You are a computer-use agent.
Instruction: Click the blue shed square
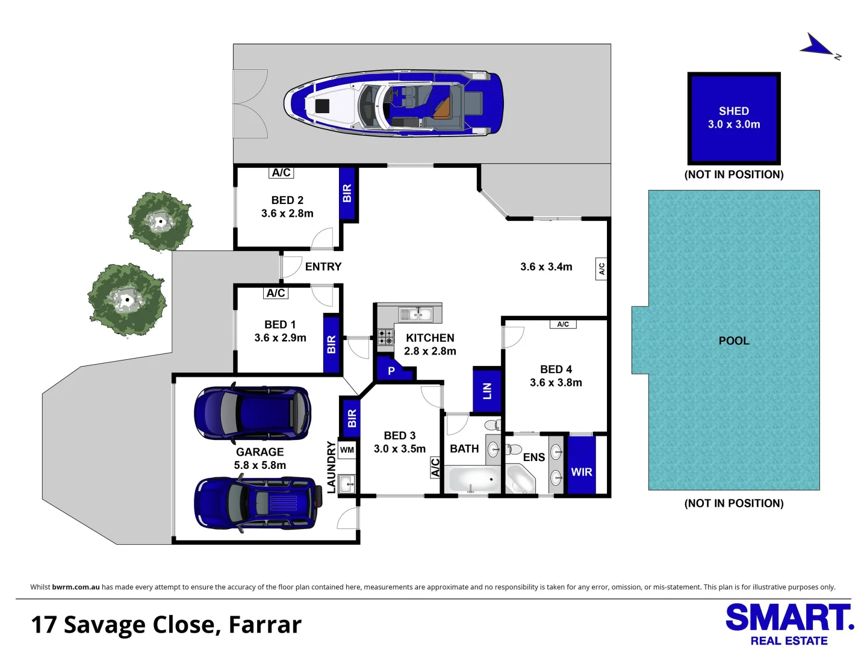point(734,118)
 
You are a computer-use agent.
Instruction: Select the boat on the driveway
point(394,104)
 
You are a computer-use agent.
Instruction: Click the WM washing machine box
point(347,450)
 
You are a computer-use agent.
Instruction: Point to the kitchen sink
point(416,315)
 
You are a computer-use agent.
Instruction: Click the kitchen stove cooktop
point(385,337)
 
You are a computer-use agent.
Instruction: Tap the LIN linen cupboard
point(487,391)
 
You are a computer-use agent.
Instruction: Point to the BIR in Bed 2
point(347,193)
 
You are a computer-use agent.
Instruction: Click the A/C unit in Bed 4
point(563,324)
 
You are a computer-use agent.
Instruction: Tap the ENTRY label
point(323,267)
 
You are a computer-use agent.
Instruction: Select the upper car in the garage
point(252,413)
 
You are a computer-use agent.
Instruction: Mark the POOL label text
point(734,341)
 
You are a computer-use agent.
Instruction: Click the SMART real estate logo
point(789,624)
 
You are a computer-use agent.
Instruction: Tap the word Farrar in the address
point(265,625)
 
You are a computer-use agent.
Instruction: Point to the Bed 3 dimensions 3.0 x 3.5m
point(400,449)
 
